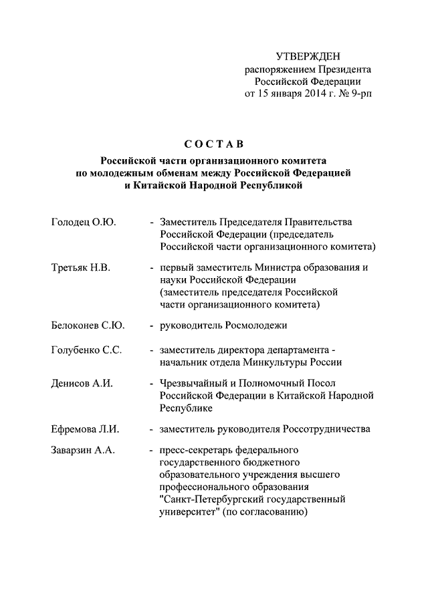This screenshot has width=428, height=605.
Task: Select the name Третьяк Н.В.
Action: click(x=80, y=268)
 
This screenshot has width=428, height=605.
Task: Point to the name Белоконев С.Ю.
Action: click(x=88, y=326)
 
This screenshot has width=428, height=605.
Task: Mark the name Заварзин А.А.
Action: click(x=83, y=451)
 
